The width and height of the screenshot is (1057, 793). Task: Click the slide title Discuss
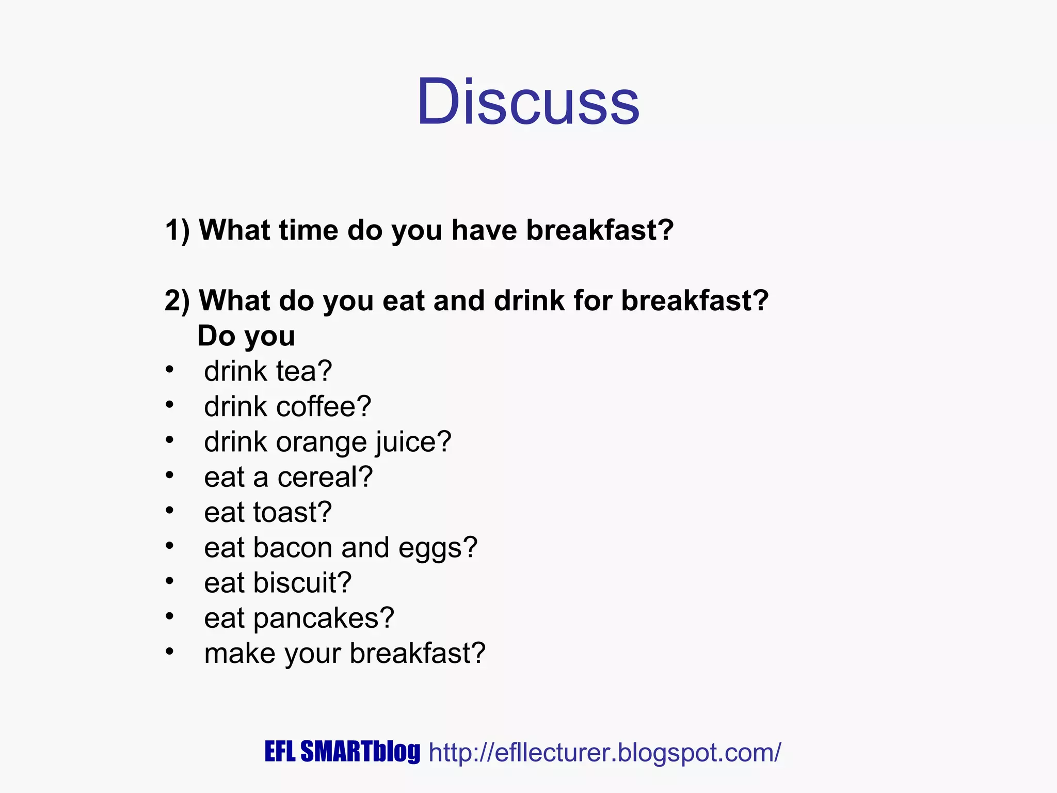[x=528, y=101]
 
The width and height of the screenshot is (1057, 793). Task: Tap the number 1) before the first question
[x=177, y=230]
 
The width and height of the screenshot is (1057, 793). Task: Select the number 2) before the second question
[x=177, y=301]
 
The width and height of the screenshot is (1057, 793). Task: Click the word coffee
[x=324, y=406]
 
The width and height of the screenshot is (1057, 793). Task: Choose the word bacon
[x=293, y=548]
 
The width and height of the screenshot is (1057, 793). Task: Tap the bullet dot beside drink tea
[x=169, y=370]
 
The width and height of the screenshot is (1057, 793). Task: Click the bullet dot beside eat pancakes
[x=169, y=616]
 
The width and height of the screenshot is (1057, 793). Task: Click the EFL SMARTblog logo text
[x=342, y=752]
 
